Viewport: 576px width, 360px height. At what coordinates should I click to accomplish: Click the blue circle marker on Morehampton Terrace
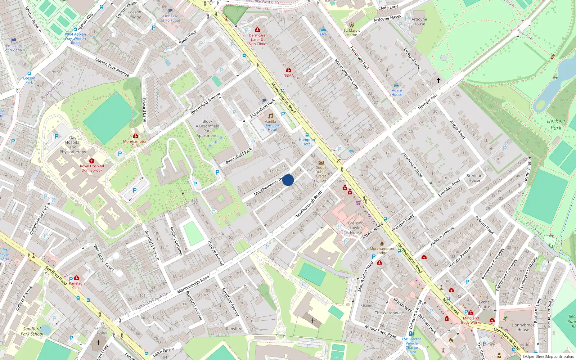tap(288, 180)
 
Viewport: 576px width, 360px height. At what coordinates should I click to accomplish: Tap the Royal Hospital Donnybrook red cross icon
tap(92, 161)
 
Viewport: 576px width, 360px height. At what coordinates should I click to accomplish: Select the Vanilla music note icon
tap(270, 116)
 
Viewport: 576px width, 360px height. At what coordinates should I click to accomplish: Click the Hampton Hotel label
tap(307, 142)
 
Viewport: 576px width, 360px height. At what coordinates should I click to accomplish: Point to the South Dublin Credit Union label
tap(321, 174)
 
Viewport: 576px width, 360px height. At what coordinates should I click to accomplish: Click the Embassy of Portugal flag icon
tap(170, 11)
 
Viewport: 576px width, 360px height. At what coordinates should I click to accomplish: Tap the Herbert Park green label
tap(556, 125)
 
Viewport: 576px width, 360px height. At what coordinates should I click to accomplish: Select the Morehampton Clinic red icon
tap(136, 136)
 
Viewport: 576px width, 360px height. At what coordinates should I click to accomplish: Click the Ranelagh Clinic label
tap(77, 285)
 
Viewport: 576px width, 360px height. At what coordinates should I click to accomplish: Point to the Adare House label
tap(397, 93)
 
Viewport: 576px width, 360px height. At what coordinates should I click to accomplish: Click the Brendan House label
tap(474, 178)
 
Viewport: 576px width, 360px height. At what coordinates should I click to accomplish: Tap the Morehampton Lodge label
tap(382, 251)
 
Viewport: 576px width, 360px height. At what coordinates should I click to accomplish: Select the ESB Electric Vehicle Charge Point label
tap(411, 345)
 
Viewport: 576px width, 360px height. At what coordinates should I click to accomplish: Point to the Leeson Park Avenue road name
tap(112, 67)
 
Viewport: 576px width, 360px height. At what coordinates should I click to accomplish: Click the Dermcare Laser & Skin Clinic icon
tap(257, 30)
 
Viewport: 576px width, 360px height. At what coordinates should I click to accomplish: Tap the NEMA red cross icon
tap(288, 70)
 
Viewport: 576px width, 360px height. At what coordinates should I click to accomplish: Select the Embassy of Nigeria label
tap(14, 48)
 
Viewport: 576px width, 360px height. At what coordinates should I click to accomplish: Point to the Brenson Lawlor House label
tap(356, 228)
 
